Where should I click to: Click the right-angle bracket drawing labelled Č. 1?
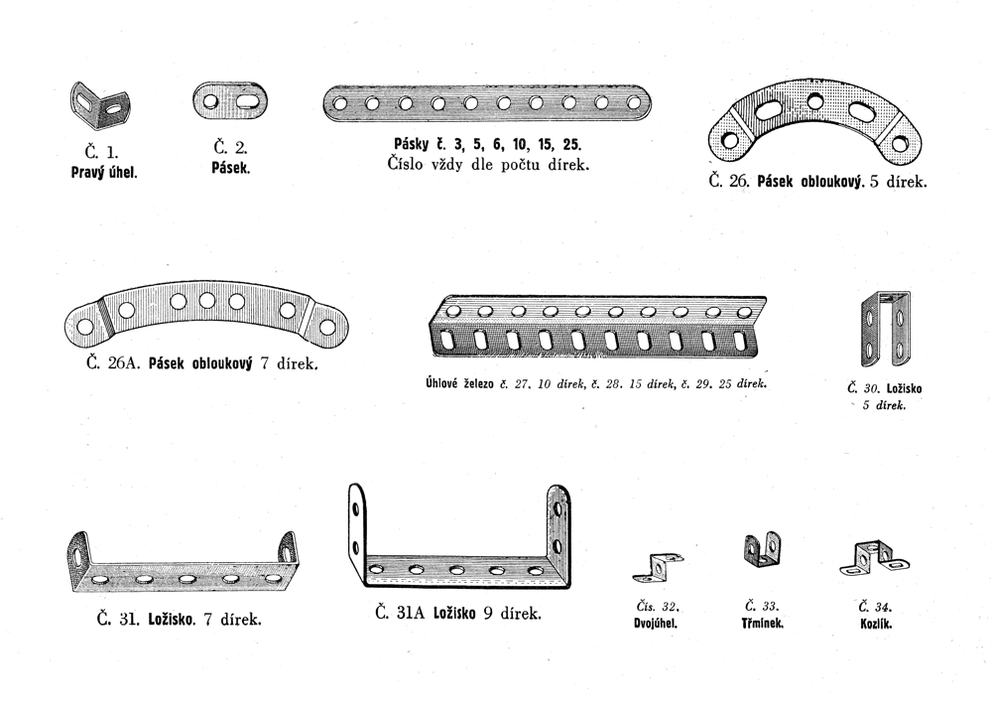(x=100, y=105)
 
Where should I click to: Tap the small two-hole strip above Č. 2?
(x=230, y=100)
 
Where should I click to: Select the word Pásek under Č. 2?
(x=231, y=169)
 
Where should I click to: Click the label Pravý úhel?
(x=104, y=172)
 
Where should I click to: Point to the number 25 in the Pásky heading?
(x=571, y=144)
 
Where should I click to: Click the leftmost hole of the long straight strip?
(x=340, y=102)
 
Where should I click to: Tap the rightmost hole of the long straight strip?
(x=634, y=102)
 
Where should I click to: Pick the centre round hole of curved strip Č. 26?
(x=814, y=100)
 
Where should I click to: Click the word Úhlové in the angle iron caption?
(x=441, y=383)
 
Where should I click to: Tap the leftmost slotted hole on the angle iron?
(x=448, y=340)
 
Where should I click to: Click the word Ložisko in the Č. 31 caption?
(x=171, y=620)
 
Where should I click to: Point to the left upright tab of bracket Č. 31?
(x=79, y=554)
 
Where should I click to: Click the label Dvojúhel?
(x=656, y=623)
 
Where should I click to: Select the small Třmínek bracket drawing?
(x=761, y=549)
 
